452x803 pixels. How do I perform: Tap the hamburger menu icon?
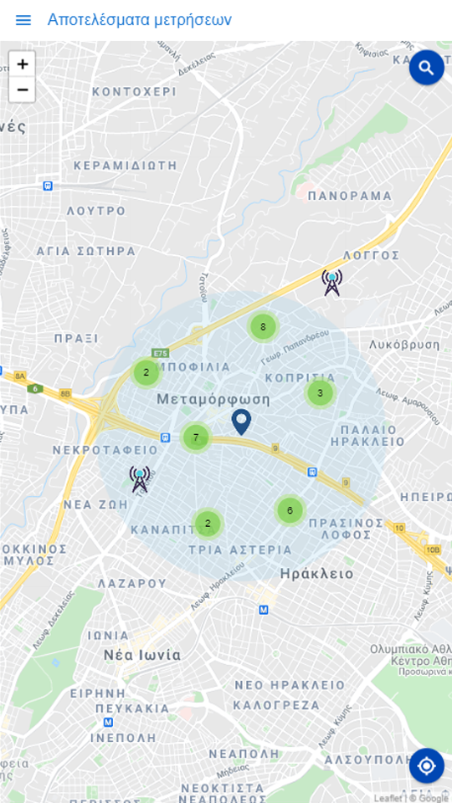coord(23,20)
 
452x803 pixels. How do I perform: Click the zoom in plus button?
coord(23,64)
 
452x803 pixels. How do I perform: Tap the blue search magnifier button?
coord(426,67)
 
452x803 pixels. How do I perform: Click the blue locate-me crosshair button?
coord(426,765)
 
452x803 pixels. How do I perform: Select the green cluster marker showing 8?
coord(263,327)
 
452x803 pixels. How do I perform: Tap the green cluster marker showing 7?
coord(196,437)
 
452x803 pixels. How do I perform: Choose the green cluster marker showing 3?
coord(320,392)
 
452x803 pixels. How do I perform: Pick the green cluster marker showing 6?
coord(290,510)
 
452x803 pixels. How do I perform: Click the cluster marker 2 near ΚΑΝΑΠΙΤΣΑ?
coord(208,524)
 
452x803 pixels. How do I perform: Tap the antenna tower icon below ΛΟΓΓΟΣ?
coord(332,283)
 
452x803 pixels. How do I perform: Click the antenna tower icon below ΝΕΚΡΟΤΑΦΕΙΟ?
coord(140,479)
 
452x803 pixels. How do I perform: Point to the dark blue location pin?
coord(241,422)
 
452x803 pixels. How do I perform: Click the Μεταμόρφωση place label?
coord(213,399)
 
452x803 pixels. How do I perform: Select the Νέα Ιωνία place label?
coord(142,655)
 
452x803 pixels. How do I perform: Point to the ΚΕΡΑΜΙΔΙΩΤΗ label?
coord(126,166)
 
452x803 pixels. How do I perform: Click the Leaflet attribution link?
coord(388,798)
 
